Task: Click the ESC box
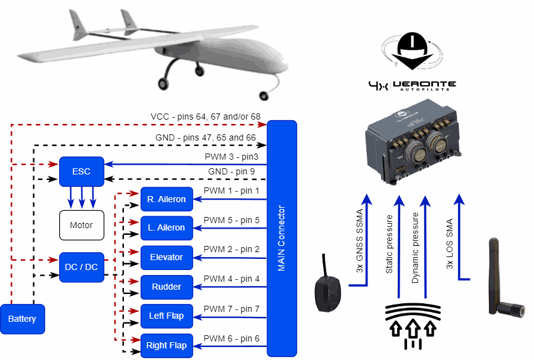[81, 171]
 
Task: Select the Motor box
[81, 225]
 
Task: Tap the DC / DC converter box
[81, 267]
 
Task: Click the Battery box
[22, 319]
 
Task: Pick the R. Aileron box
[166, 199]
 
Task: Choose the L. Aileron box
[166, 228]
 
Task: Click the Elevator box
[166, 257]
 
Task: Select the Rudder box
[166, 287]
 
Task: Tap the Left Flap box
[166, 316]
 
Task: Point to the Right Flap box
[166, 345]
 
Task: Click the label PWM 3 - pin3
[231, 157]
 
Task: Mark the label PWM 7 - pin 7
[231, 309]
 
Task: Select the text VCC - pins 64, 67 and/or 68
[205, 117]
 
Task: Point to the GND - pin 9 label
[234, 171]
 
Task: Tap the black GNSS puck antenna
[327, 292]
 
